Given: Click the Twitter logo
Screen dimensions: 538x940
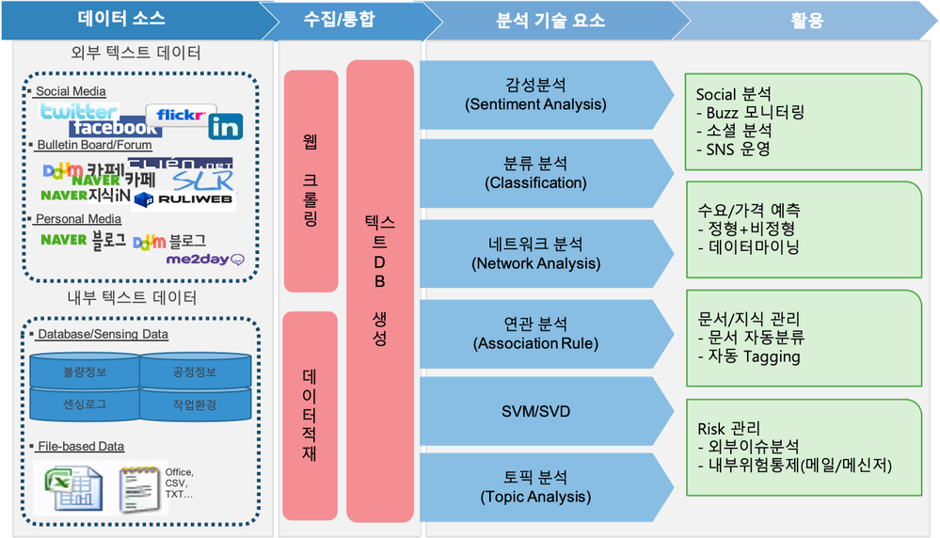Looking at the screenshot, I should [78, 112].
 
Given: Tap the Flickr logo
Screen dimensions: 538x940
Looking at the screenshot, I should [181, 115].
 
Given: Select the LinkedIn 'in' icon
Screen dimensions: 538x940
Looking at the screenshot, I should [226, 126].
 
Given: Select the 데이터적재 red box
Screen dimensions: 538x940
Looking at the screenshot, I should [310, 414].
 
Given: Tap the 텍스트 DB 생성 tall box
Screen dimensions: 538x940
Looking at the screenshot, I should [379, 291].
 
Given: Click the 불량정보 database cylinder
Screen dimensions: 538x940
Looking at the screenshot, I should [85, 371].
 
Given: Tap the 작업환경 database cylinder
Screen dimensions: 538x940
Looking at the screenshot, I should [196, 404].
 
